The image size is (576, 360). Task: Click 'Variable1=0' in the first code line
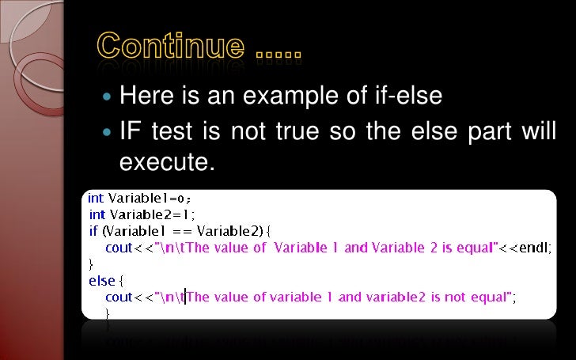[150, 198]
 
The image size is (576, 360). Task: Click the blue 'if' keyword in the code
[93, 231]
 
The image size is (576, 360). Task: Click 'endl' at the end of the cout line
[534, 248]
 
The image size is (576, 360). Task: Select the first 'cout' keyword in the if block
[119, 248]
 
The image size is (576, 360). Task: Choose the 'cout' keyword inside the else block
[119, 297]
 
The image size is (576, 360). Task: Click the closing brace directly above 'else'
[90, 263]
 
